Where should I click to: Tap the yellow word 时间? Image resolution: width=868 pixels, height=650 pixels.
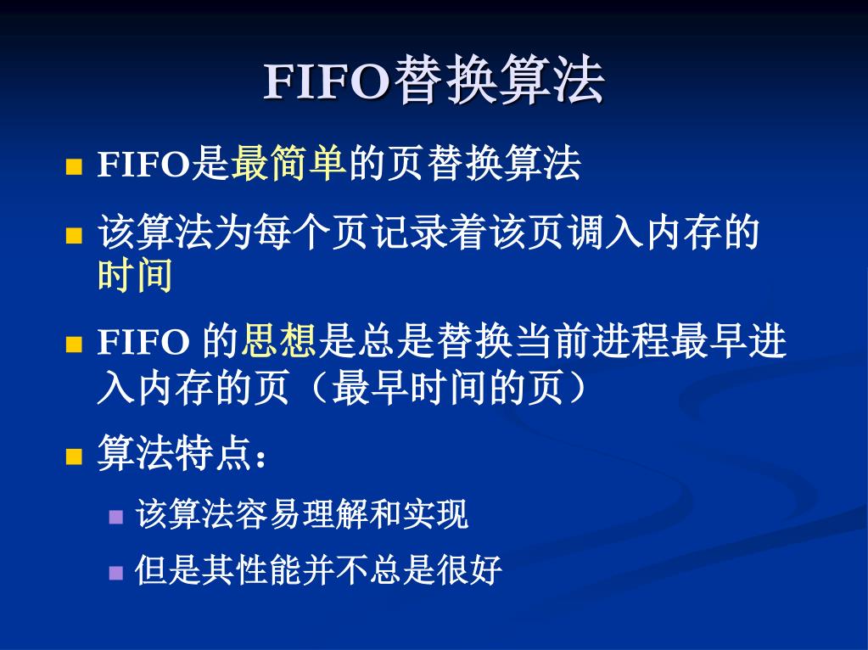(x=135, y=275)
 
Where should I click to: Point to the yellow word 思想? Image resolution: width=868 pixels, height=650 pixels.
(x=279, y=340)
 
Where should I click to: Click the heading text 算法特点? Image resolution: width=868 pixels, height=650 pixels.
(x=174, y=453)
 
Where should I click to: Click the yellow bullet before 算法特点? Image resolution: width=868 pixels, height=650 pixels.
(x=74, y=457)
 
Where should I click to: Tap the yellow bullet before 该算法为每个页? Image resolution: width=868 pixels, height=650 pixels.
(x=74, y=235)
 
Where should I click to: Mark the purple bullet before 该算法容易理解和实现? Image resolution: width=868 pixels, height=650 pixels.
(x=115, y=517)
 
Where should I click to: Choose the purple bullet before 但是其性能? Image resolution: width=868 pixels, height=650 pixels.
(x=115, y=573)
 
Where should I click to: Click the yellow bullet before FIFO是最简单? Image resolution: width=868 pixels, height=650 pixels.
(x=74, y=166)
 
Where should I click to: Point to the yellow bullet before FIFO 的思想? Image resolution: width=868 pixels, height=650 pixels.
(x=74, y=344)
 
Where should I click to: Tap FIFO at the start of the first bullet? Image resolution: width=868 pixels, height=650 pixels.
(x=144, y=165)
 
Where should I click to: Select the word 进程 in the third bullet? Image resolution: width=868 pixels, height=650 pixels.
(x=631, y=340)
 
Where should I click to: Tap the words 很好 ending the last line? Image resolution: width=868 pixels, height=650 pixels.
(x=469, y=569)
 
